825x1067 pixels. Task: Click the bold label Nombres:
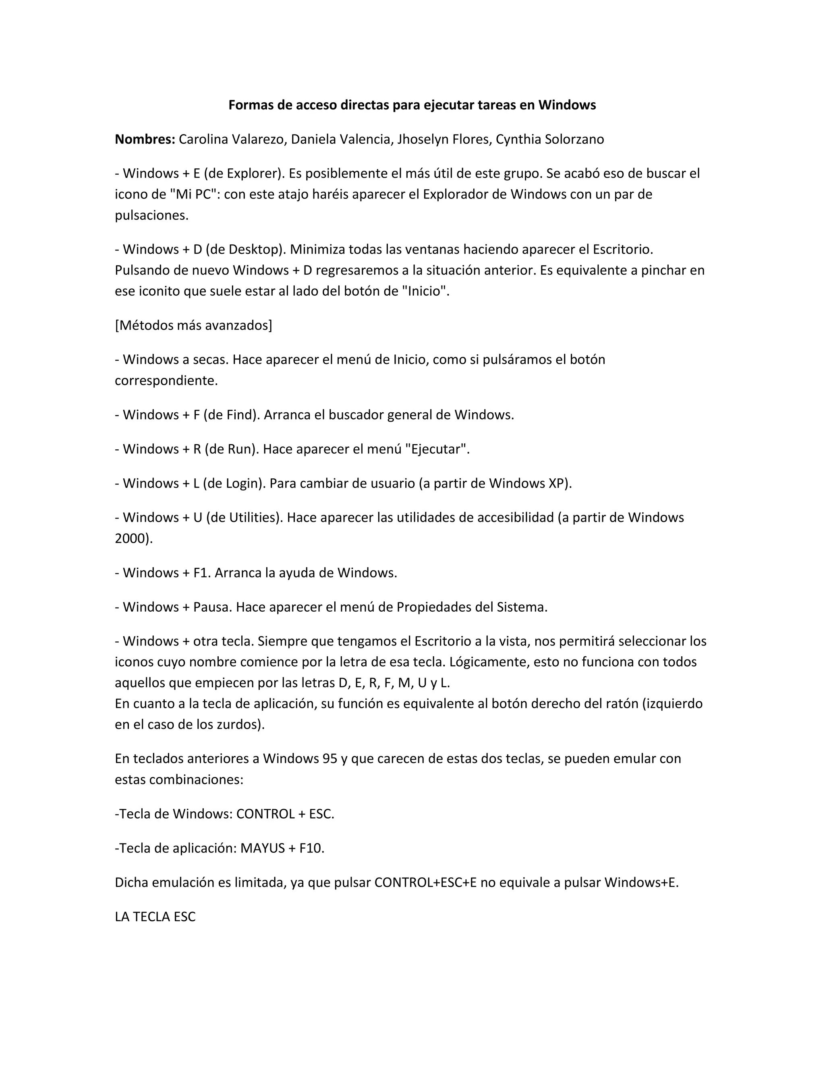click(x=145, y=140)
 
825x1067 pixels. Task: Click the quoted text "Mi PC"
click(x=193, y=194)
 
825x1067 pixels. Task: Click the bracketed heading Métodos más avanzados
click(x=193, y=325)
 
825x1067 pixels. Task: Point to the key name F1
click(x=201, y=573)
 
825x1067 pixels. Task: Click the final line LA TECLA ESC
click(x=155, y=917)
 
